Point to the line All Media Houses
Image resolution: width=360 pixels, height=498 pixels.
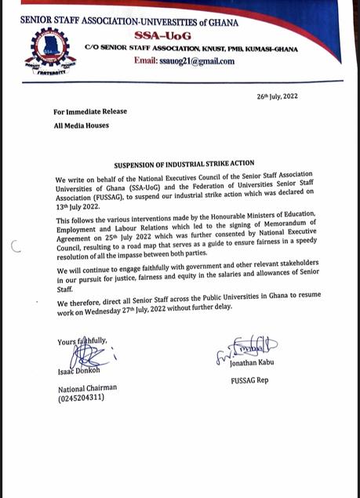82,125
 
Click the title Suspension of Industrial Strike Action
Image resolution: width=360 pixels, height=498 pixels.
173,165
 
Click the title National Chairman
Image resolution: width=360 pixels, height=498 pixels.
86,387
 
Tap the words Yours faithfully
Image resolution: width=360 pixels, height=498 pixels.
82,341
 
